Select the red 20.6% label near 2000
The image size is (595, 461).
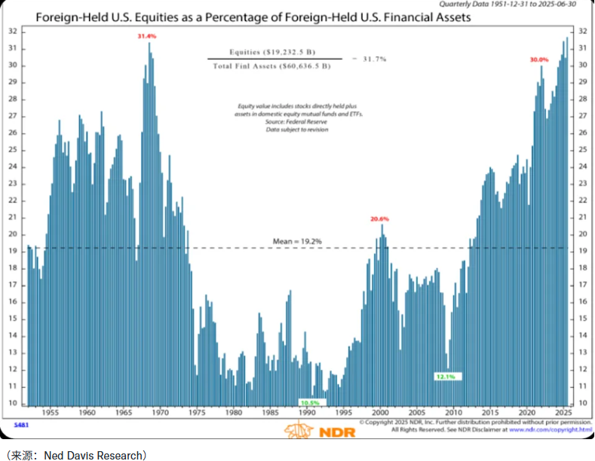[379, 219]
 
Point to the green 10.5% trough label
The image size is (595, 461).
[310, 403]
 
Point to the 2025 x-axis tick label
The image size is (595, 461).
[563, 414]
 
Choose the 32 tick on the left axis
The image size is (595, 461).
[13, 31]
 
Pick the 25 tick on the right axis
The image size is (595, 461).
[582, 149]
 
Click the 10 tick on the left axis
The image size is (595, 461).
[13, 403]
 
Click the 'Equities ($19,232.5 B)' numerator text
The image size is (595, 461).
[272, 53]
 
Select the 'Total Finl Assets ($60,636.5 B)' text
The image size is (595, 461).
[272, 67]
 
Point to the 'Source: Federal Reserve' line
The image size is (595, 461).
[296, 121]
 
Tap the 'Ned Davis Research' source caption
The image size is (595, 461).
[75, 454]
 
